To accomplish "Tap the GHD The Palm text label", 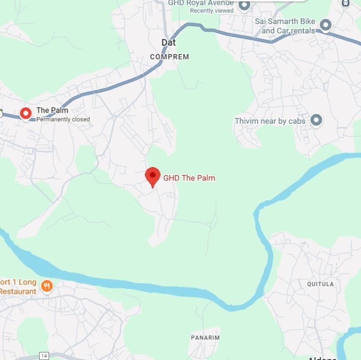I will (189, 178).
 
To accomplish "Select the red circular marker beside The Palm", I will (26, 113).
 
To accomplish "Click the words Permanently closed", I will (63, 119).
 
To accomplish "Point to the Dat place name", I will (168, 43).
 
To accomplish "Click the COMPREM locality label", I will (169, 57).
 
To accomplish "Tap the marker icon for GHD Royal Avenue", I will (244, 5).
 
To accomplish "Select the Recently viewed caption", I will (212, 11).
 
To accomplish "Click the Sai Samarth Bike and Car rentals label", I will (285, 26).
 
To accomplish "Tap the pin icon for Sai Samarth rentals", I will (326, 25).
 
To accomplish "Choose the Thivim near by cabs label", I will (270, 121).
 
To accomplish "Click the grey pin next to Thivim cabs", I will (316, 120).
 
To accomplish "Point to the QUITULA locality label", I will (320, 284).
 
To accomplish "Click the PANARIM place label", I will (205, 337).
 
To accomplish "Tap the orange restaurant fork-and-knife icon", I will (47, 286).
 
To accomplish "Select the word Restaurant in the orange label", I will (18, 291).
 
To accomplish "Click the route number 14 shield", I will (43, 356).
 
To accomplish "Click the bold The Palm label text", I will (52, 110).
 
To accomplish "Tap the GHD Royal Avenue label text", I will (201, 3).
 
